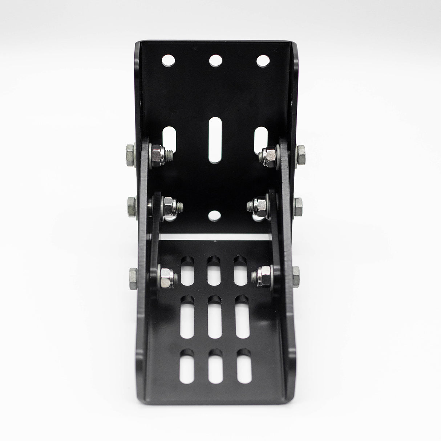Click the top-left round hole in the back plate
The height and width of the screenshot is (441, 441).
click(168, 60)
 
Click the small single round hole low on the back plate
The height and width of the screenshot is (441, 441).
click(215, 217)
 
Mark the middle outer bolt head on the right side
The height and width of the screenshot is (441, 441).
click(299, 202)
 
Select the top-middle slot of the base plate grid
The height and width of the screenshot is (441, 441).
click(214, 270)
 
